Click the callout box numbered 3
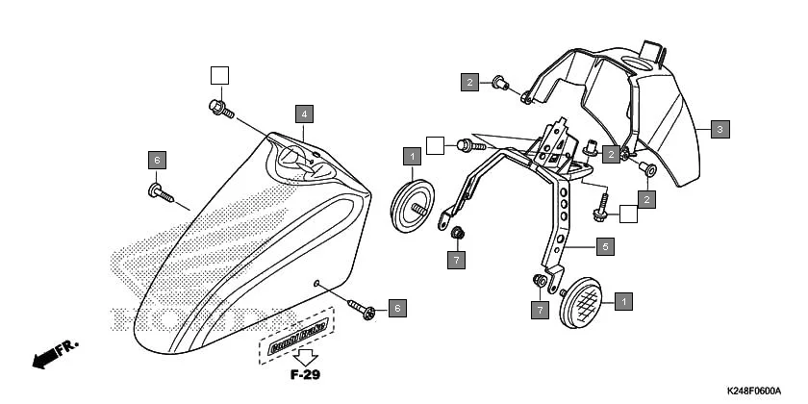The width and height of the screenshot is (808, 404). tap(720, 128)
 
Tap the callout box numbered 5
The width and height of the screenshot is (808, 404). tap(604, 247)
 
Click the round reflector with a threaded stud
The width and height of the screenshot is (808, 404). tap(417, 206)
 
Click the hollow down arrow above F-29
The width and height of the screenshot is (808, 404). tap(305, 354)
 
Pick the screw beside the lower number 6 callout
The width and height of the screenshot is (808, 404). tap(365, 310)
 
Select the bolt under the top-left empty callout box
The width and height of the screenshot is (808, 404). tap(219, 108)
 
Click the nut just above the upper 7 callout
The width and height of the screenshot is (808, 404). tap(458, 233)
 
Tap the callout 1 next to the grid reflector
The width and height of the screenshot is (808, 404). tap(622, 300)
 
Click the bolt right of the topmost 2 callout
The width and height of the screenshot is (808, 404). tap(499, 84)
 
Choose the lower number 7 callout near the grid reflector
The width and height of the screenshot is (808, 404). tap(540, 310)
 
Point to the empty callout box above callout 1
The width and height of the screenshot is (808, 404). tap(435, 145)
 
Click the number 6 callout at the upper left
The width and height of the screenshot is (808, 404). tap(158, 159)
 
